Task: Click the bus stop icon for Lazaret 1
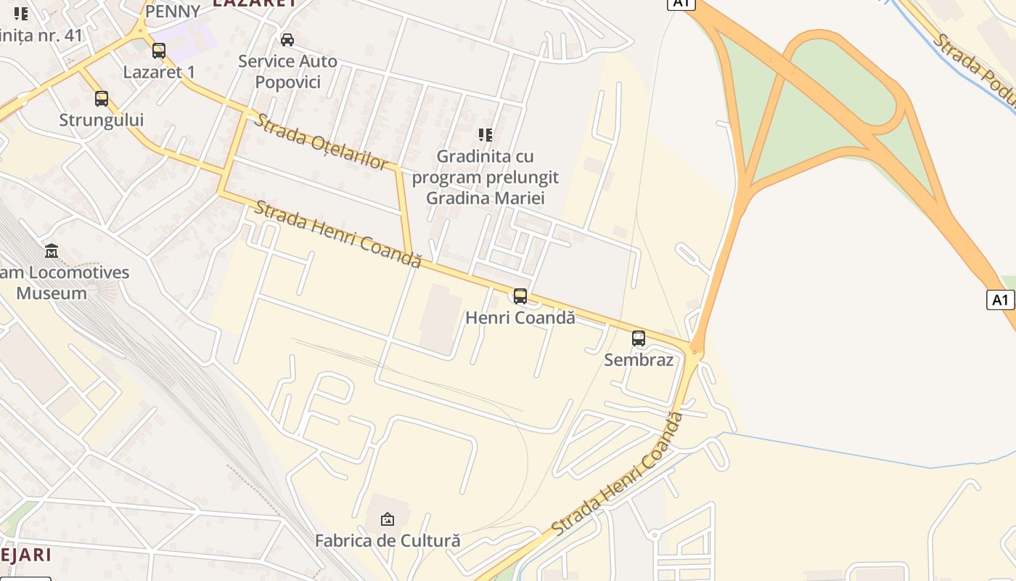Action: pyautogui.click(x=159, y=51)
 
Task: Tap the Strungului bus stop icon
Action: pyautogui.click(x=102, y=99)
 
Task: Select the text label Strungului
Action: pyautogui.click(x=102, y=120)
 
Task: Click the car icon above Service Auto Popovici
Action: pyautogui.click(x=287, y=39)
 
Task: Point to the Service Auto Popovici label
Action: pyautogui.click(x=287, y=71)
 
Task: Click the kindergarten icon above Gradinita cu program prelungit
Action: pyautogui.click(x=485, y=134)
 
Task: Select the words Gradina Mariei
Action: pyautogui.click(x=485, y=198)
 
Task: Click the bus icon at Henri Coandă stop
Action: pyautogui.click(x=520, y=296)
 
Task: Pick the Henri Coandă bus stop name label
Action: pyautogui.click(x=520, y=317)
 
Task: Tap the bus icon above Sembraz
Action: pyautogui.click(x=639, y=338)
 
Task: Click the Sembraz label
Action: pyautogui.click(x=639, y=359)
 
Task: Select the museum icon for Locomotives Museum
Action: pyautogui.click(x=52, y=251)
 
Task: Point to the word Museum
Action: pyautogui.click(x=52, y=293)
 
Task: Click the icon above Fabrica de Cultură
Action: pyautogui.click(x=388, y=519)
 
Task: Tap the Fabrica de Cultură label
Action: pyautogui.click(x=388, y=541)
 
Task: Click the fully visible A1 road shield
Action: pyautogui.click(x=1000, y=299)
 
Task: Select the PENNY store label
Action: pyautogui.click(x=173, y=12)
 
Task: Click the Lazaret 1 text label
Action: pyautogui.click(x=159, y=72)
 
